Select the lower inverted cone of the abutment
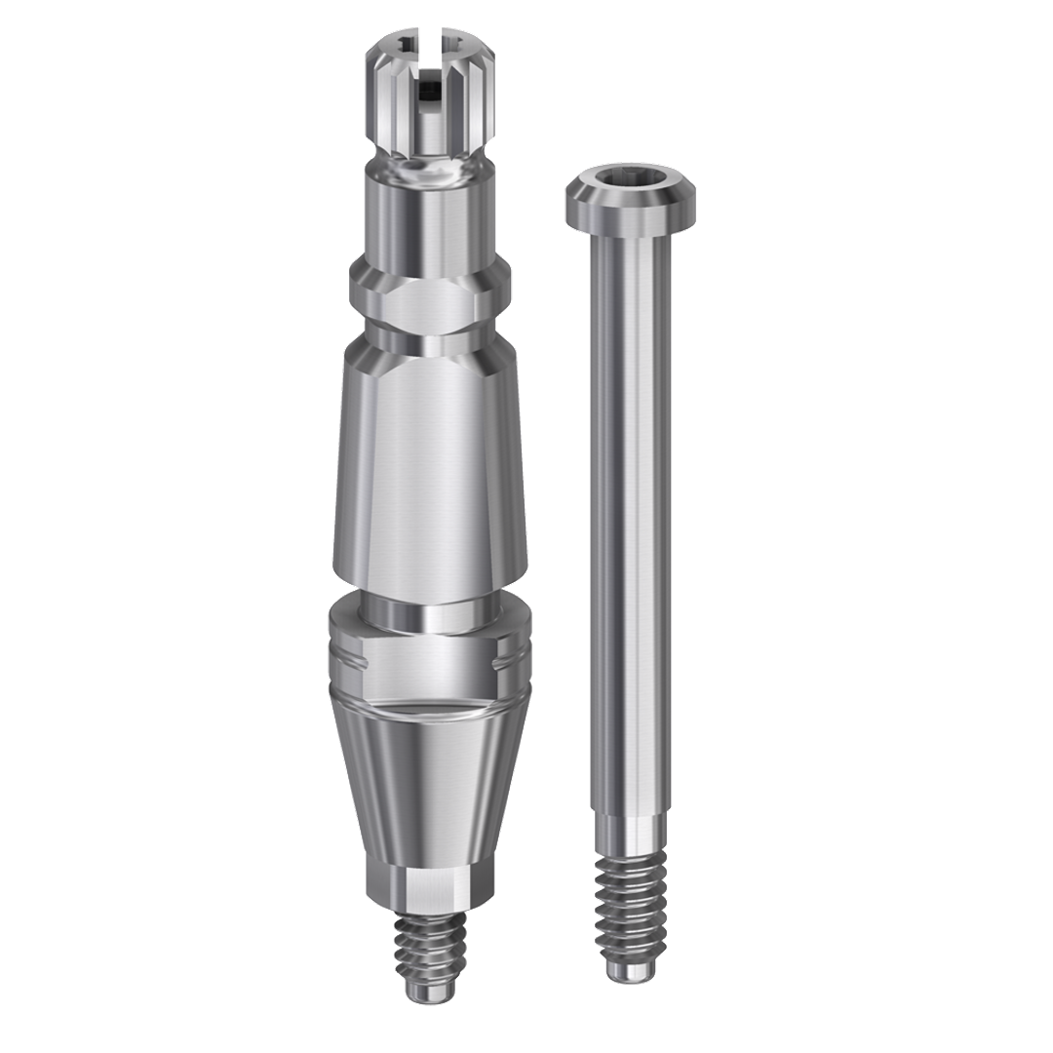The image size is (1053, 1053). click(x=430, y=780)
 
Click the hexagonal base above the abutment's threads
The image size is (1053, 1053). click(x=430, y=887)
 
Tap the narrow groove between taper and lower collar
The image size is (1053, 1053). click(x=430, y=614)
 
